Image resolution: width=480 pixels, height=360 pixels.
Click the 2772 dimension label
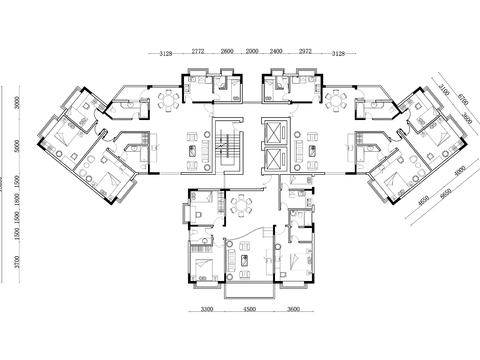click(199, 49)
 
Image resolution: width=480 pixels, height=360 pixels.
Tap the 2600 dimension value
click(227, 49)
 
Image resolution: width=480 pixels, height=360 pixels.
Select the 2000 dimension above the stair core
click(251, 49)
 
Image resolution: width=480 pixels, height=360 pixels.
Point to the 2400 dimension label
click(276, 49)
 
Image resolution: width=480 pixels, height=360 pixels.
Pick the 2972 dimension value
click(305, 49)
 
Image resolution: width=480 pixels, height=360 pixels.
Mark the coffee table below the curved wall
click(243, 259)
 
